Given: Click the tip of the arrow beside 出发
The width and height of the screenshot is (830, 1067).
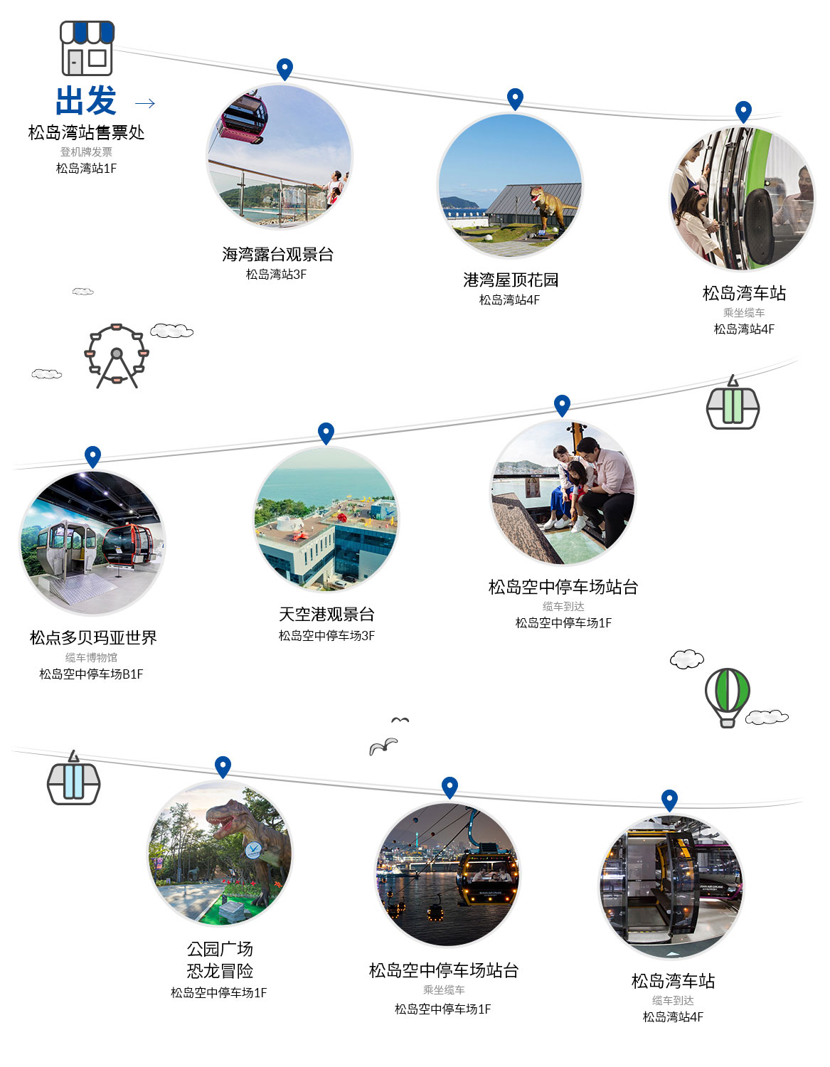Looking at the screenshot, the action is (155, 103).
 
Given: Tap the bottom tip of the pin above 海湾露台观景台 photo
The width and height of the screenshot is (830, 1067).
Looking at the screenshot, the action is (284, 81).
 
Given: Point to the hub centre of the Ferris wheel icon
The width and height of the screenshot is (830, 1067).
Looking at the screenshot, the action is (117, 353).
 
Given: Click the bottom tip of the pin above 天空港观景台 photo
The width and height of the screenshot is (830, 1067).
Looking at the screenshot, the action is (326, 445).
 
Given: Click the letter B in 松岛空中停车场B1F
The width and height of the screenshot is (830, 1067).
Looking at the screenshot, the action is (126, 674).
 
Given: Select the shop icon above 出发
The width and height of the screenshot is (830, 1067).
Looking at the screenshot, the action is (87, 48).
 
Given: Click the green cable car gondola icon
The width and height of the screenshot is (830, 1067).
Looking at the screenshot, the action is (733, 402).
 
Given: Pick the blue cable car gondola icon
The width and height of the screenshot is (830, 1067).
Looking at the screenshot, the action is (74, 777).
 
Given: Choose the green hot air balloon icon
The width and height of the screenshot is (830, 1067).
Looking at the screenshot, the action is (727, 698).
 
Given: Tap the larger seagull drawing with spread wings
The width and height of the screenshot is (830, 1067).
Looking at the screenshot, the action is (383, 746).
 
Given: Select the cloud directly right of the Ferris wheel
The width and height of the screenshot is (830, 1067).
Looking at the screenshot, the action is (172, 331).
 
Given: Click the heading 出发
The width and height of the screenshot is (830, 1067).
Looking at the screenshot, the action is (86, 101).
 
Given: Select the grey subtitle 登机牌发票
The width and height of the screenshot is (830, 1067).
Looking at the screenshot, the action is (86, 152).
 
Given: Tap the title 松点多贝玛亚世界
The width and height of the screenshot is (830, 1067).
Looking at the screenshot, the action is (93, 637).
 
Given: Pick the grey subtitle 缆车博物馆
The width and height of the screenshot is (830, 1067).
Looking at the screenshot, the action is (91, 657).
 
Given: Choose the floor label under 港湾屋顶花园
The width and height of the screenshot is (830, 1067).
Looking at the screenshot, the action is (509, 299).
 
